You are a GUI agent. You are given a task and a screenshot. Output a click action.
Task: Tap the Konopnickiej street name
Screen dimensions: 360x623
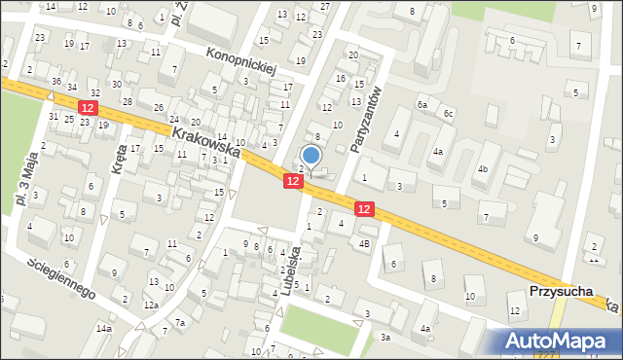coord(242,63)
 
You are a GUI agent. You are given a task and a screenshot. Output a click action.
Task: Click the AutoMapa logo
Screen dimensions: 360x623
coord(561,341)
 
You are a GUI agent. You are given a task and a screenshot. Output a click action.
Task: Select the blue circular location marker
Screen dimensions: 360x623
coord(311,155)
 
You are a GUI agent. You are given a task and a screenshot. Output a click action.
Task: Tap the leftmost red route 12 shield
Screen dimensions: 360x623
coord(89,107)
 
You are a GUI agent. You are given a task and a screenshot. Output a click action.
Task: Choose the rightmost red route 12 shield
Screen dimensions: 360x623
coord(364,208)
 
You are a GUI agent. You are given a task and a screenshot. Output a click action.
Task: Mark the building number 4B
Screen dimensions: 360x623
coord(364,242)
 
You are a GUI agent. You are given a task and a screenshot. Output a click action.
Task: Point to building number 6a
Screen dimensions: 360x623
coord(422,104)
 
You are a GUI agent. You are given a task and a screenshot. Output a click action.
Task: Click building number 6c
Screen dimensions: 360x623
coord(448,114)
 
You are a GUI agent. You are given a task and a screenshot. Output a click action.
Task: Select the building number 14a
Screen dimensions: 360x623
coord(103,329)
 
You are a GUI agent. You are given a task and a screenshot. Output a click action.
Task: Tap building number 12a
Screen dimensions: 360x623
coord(151,305)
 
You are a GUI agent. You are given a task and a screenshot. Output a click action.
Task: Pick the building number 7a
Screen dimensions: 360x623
coord(180,322)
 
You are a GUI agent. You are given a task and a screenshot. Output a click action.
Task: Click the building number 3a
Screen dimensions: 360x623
coord(385,337)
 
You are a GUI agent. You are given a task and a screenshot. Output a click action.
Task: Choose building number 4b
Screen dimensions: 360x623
coord(482,169)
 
